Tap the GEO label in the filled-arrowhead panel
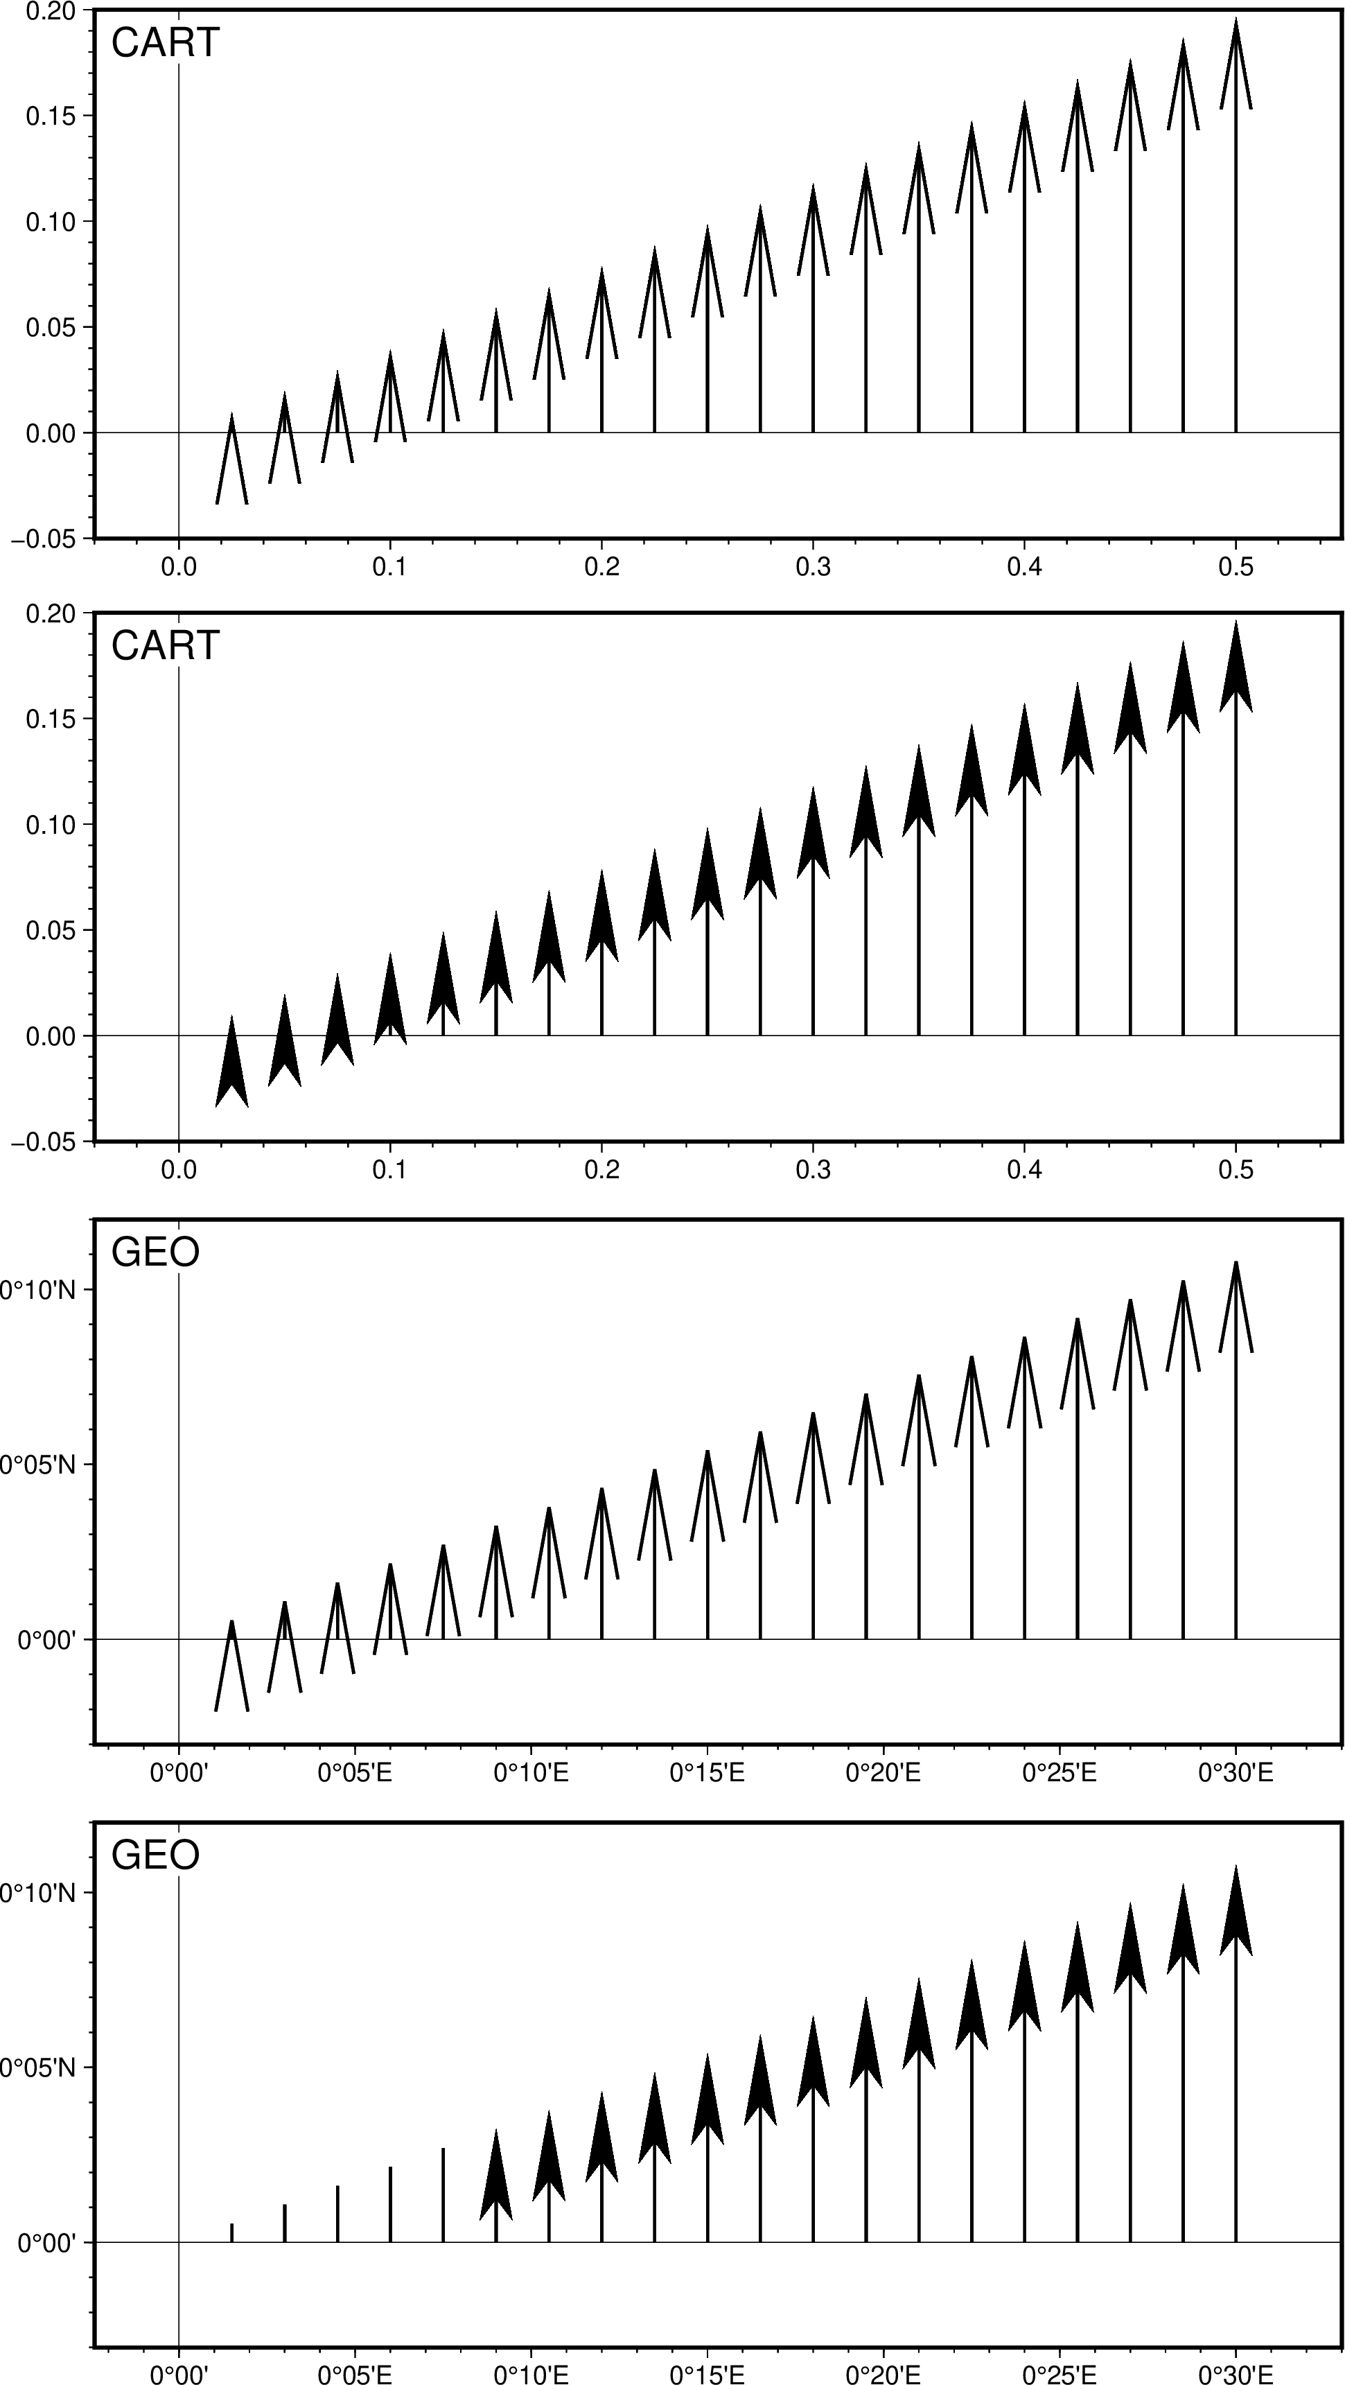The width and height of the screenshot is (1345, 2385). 155,1855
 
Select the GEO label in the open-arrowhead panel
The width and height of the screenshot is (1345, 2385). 155,1252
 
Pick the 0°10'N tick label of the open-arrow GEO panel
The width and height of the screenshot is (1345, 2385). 37,1290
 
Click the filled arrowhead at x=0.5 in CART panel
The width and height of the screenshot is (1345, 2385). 1236,671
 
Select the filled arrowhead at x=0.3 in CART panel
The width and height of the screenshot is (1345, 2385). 813,838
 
